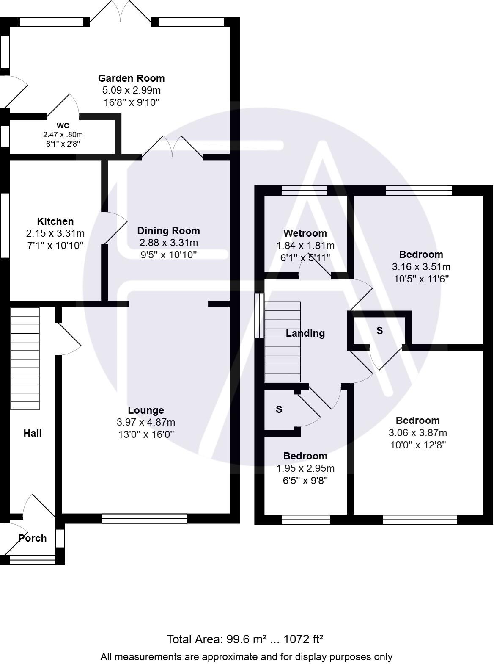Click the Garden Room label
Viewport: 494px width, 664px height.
[131, 78]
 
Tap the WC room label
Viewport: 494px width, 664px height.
[63, 126]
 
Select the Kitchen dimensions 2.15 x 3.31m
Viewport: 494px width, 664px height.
[55, 233]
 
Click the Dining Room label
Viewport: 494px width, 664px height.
[168, 231]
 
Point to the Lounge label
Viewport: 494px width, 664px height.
[146, 410]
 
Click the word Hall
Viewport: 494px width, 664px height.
[33, 433]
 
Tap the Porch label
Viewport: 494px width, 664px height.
[33, 538]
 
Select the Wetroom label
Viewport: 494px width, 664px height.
[305, 233]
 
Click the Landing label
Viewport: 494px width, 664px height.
[305, 333]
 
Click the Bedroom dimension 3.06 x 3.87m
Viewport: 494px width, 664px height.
[417, 433]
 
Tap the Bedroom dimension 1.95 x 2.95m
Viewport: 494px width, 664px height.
[305, 468]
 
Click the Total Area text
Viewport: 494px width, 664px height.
[245, 639]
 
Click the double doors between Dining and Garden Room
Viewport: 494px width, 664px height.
[172, 147]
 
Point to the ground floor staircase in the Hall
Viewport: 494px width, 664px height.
[25, 359]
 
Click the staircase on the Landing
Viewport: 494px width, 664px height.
[283, 342]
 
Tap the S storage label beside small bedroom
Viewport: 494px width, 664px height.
[279, 409]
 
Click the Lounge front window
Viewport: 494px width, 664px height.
[145, 518]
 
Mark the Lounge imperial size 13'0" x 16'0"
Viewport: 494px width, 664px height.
[146, 434]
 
